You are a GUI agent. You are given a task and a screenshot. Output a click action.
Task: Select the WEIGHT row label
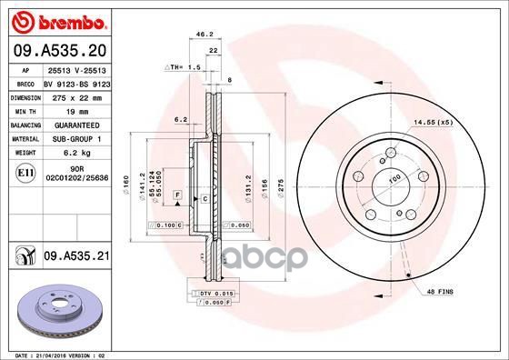coord(25,154)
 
